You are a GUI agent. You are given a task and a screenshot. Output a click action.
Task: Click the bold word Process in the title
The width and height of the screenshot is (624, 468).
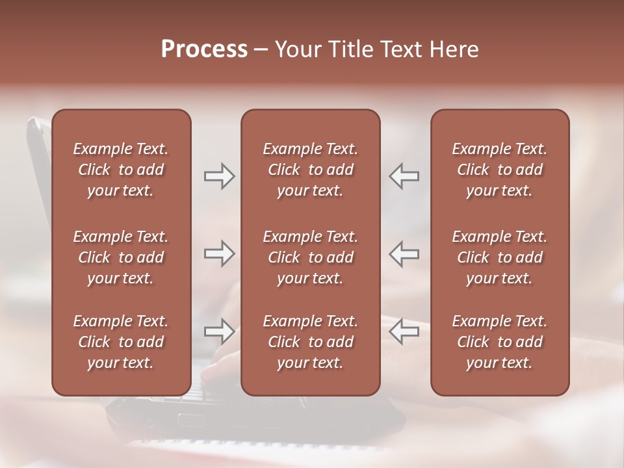click(204, 49)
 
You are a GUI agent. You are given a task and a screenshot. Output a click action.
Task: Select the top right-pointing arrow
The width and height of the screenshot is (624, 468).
click(219, 176)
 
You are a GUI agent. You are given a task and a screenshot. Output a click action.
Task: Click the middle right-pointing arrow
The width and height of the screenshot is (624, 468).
click(219, 253)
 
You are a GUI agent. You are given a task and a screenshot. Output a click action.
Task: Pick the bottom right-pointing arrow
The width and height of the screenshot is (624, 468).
click(219, 331)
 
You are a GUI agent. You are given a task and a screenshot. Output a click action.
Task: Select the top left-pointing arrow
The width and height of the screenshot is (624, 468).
click(404, 176)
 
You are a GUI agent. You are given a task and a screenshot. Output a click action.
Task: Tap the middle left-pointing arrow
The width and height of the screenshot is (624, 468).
click(404, 253)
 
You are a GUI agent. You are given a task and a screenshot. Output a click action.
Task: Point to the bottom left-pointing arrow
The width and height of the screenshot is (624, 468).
click(404, 331)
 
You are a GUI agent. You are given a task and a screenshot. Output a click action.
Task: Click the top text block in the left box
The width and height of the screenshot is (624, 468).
click(121, 170)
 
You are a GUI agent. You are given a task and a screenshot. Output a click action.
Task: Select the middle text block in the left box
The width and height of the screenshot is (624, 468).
click(121, 257)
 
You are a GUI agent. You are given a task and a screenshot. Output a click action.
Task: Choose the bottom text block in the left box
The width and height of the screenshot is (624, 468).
click(121, 342)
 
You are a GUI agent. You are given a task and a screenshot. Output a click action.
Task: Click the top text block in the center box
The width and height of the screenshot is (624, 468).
click(310, 170)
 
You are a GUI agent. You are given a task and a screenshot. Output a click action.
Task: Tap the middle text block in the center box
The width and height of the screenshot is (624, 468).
click(310, 257)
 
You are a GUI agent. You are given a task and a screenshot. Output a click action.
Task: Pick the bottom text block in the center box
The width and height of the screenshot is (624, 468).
click(310, 342)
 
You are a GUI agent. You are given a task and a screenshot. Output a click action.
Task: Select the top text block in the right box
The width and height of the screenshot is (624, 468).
click(499, 170)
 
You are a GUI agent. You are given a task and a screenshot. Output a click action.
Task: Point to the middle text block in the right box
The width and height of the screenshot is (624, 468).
click(499, 257)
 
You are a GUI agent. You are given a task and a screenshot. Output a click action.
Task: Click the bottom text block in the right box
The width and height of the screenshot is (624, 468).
click(499, 342)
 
